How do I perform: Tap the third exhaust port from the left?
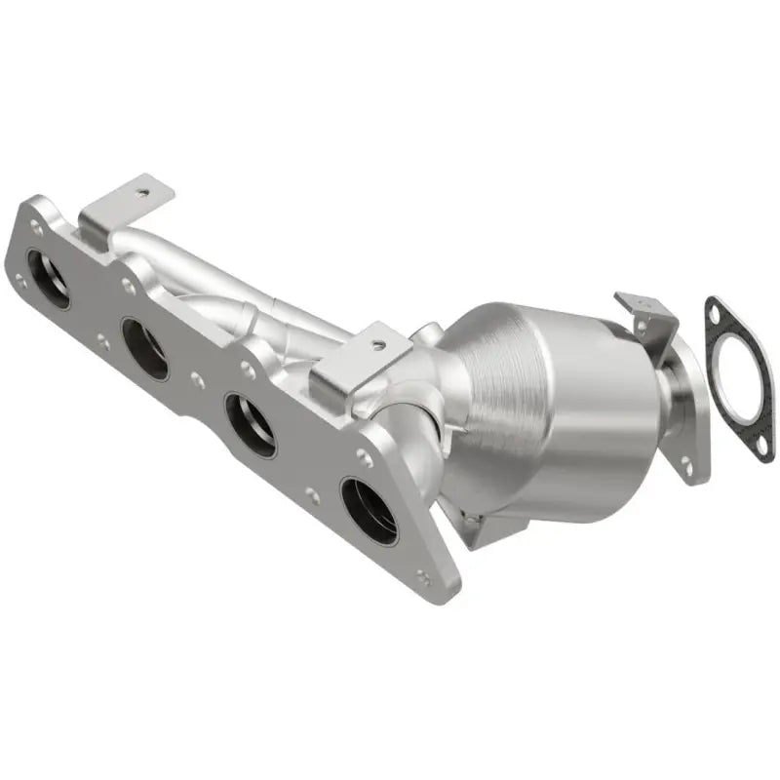(250, 423)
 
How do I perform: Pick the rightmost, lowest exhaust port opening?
(370, 510)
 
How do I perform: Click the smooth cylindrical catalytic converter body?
(575, 409)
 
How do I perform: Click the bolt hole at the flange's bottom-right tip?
(422, 576)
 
